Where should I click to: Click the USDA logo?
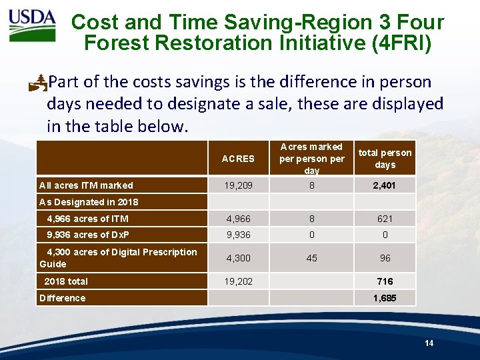point(32,25)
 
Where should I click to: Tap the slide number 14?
point(429,343)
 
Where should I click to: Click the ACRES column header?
point(238,159)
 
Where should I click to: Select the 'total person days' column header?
point(385,159)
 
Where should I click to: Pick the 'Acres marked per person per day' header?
point(311,159)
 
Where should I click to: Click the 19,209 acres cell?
point(238,185)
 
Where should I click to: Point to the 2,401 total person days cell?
point(385,185)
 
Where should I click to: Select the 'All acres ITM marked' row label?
point(86,185)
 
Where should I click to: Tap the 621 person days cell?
point(385,219)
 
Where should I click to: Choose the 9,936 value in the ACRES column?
point(238,235)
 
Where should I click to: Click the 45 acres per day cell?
point(311,258)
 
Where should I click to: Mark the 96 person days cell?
point(385,258)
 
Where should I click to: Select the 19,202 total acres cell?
point(238,281)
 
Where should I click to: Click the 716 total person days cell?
point(385,281)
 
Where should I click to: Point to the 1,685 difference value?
point(385,298)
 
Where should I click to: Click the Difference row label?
point(63,298)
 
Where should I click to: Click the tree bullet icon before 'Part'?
point(39,83)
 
